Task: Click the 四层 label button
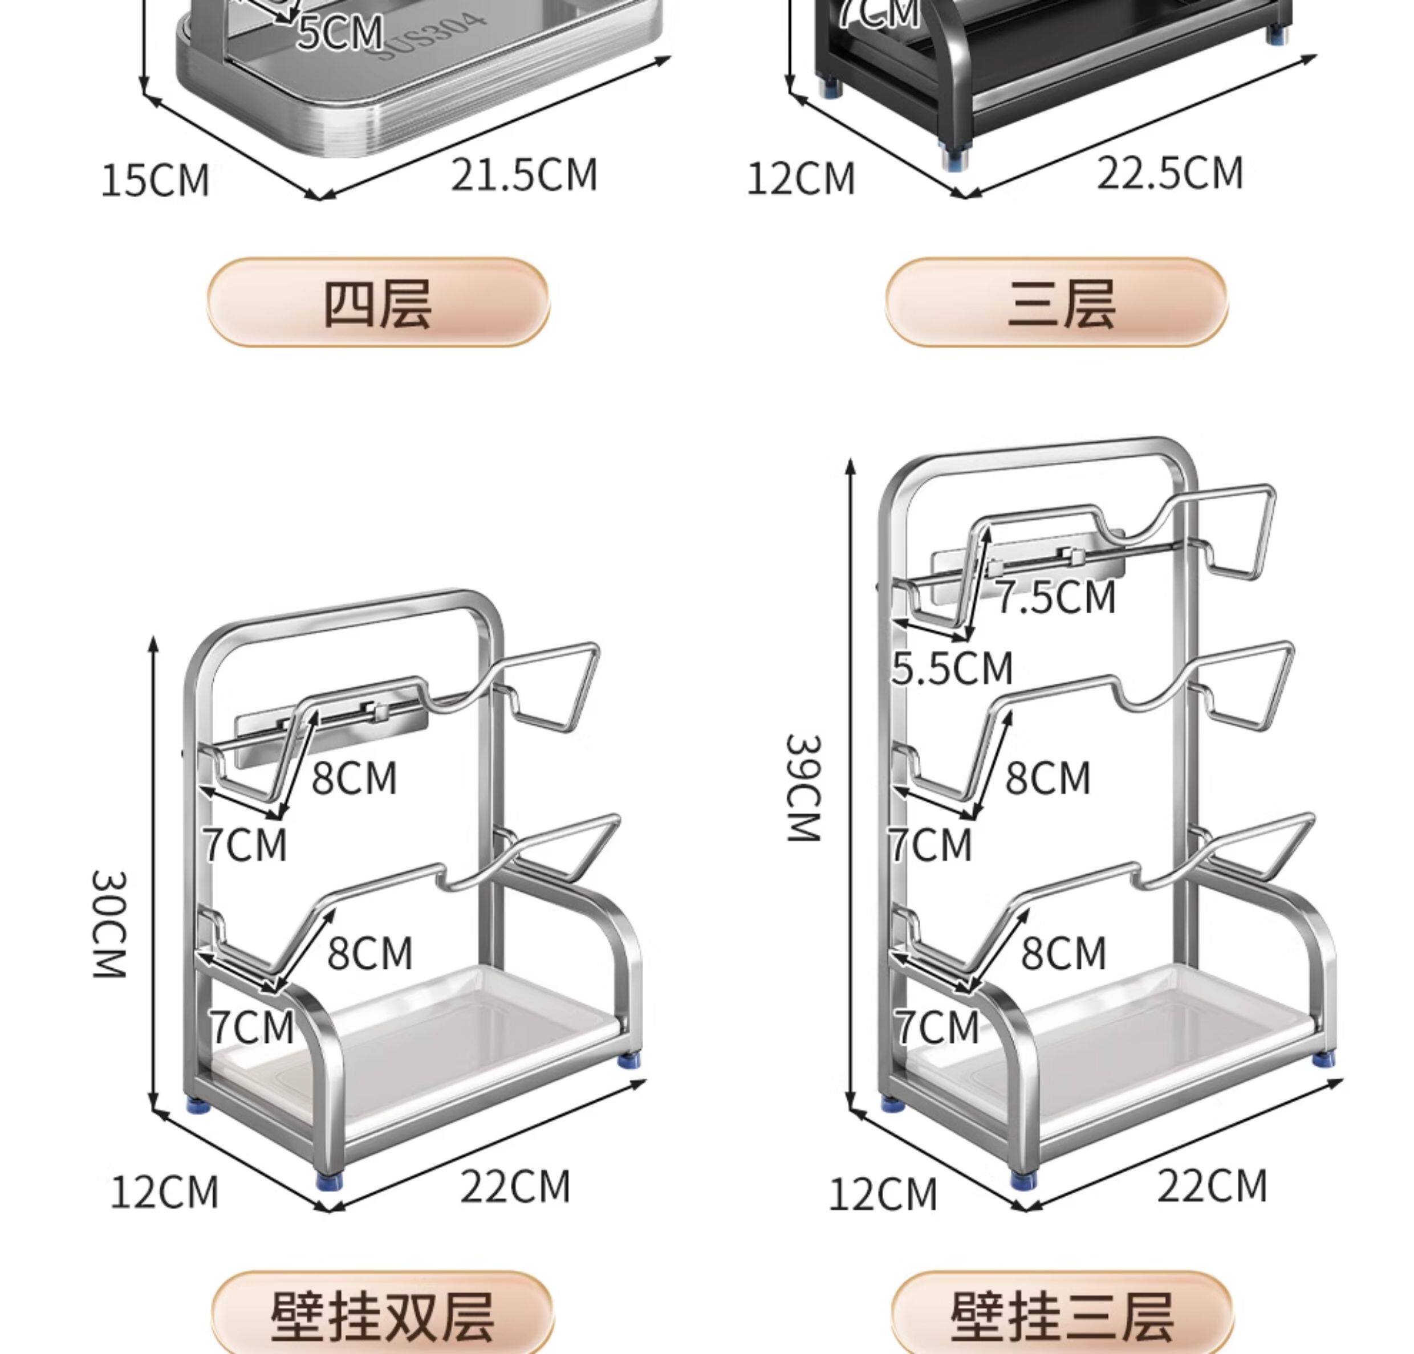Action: (x=377, y=303)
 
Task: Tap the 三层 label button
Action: (x=1057, y=303)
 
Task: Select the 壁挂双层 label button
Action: (x=383, y=1316)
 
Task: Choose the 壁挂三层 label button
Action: (x=1061, y=1316)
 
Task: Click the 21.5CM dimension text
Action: (x=525, y=175)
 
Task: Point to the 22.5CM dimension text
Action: (x=1170, y=174)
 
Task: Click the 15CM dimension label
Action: (x=155, y=180)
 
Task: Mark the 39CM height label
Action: (x=803, y=788)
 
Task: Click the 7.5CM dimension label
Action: (x=1056, y=598)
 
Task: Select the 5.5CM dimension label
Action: (x=952, y=668)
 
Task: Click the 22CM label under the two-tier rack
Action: (x=515, y=1186)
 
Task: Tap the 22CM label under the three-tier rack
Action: (x=1212, y=1186)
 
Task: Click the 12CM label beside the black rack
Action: (x=801, y=179)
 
